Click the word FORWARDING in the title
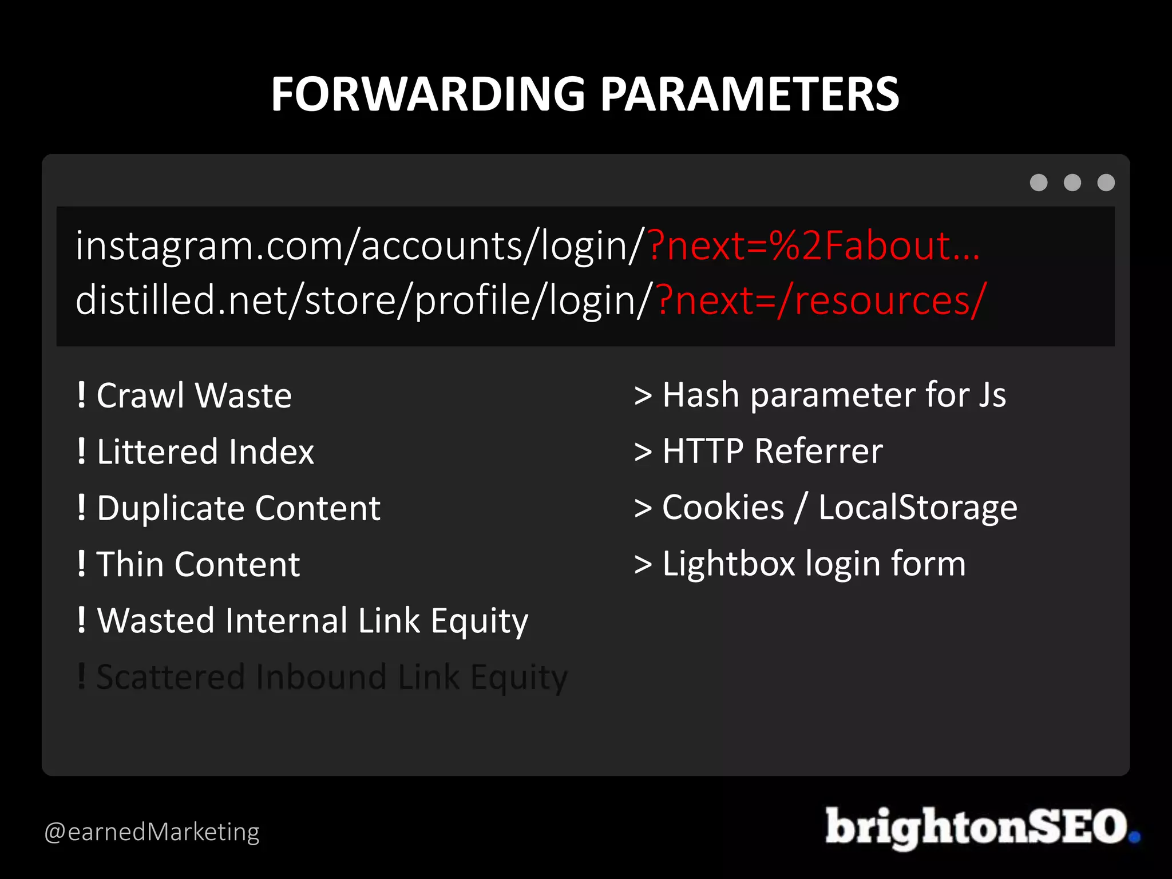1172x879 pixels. (x=428, y=94)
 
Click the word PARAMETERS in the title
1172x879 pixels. (x=750, y=94)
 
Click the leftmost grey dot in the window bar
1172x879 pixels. (x=1039, y=183)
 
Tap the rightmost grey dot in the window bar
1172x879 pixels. (x=1106, y=183)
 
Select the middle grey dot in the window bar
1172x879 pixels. (x=1072, y=183)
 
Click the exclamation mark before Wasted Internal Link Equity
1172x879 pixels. (x=82, y=620)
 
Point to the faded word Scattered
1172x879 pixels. (x=171, y=677)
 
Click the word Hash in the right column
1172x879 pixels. (x=700, y=395)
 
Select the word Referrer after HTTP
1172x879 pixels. (x=818, y=451)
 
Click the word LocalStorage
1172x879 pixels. (x=918, y=508)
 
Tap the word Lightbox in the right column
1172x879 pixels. (x=728, y=564)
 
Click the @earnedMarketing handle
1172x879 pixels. (x=152, y=832)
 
